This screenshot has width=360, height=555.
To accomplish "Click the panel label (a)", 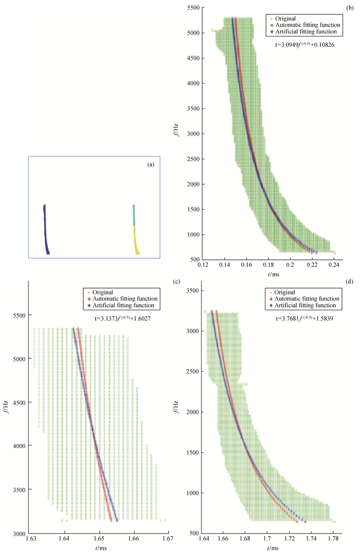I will coord(151,165).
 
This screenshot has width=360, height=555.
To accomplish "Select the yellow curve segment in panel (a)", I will coord(136,242).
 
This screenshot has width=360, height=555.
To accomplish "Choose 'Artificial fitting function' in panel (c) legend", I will coord(128,306).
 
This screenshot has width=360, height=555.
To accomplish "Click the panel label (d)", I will coord(351,282).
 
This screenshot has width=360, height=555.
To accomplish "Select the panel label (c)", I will coord(176,282).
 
